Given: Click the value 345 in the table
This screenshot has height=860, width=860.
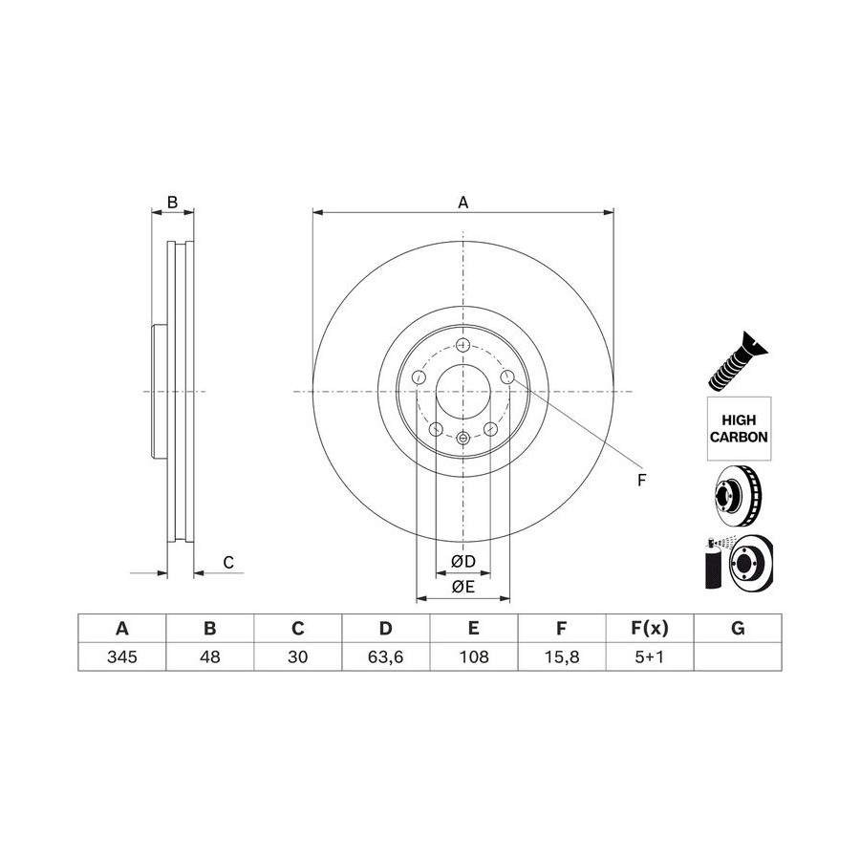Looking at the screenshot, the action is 121,656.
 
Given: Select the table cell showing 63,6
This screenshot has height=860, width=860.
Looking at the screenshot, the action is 386,656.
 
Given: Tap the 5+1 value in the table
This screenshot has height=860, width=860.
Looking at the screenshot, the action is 650,656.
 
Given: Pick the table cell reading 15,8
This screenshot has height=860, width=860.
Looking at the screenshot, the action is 562,656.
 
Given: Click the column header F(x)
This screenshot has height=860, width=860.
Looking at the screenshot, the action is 650,628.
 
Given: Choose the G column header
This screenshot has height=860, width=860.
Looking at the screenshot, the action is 738,628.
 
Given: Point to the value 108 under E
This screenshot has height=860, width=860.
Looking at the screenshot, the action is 474,656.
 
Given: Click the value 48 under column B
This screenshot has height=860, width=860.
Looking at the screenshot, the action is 210,656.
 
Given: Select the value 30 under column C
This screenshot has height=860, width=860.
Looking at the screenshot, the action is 298,656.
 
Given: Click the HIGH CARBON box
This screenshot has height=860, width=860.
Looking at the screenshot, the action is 739,428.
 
